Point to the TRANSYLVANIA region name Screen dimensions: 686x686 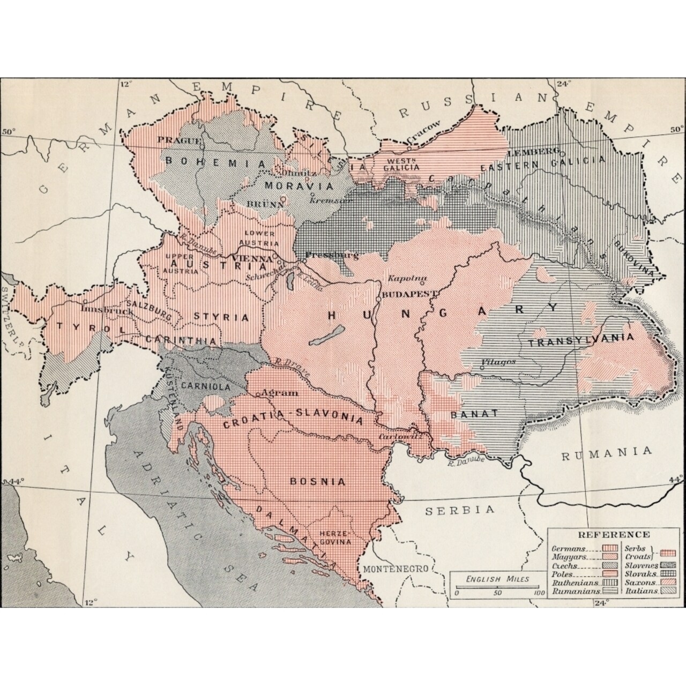pyautogui.click(x=581, y=341)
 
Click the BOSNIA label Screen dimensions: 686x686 pyautogui.click(x=317, y=481)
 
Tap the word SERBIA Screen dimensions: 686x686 pyautogui.click(x=460, y=510)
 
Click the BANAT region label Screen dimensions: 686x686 pyautogui.click(x=474, y=414)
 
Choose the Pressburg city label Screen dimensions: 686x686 pyautogui.click(x=328, y=255)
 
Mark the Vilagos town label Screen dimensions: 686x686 pyautogui.click(x=498, y=362)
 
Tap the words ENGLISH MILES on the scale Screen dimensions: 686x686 pyautogui.click(x=497, y=579)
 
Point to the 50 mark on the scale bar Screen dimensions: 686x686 pyautogui.click(x=497, y=593)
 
